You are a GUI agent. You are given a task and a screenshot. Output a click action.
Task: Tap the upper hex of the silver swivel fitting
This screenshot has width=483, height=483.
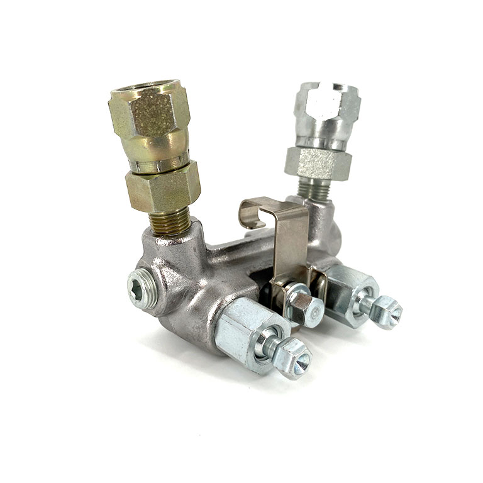click(326, 103)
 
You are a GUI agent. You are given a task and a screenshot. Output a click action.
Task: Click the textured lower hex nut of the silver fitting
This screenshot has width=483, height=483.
click(317, 162)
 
